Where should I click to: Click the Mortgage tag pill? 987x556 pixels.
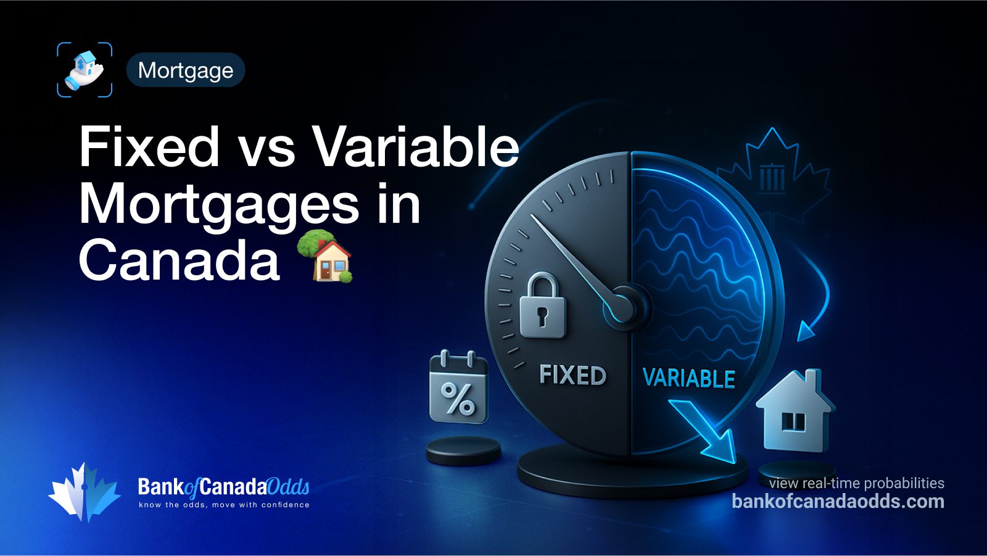[x=185, y=70]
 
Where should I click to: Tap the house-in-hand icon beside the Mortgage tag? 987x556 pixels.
[x=85, y=70]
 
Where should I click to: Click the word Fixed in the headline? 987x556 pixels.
[x=149, y=147]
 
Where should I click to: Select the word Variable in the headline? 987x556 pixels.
[x=415, y=147]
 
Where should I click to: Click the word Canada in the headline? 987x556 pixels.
[x=179, y=260]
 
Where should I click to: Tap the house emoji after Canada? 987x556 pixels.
[x=325, y=256]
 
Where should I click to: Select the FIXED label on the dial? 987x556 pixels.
[x=572, y=375]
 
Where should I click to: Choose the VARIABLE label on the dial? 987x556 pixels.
[x=688, y=378]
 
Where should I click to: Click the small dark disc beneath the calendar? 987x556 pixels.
[x=463, y=450]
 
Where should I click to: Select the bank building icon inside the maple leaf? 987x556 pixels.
[x=772, y=177]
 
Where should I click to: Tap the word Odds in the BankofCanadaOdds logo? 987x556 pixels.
[x=288, y=487]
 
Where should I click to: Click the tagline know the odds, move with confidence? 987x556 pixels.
[x=224, y=505]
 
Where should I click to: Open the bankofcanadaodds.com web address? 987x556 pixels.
[x=838, y=501]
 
